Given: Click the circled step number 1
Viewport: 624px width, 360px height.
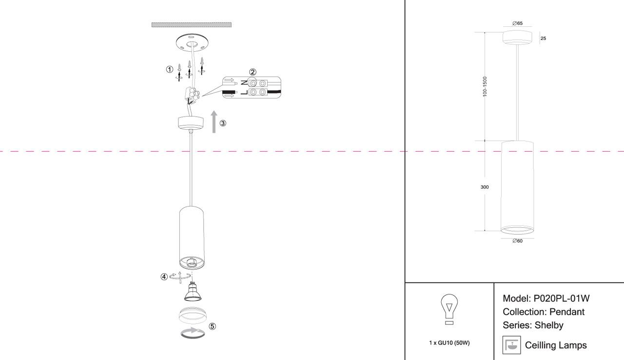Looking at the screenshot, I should tap(170, 69).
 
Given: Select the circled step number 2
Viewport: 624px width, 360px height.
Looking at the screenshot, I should tap(253, 72).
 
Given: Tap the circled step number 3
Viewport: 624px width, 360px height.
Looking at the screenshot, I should tap(223, 123).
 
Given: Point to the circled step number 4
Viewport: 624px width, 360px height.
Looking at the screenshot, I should tap(164, 277).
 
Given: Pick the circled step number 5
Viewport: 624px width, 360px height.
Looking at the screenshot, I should tap(212, 326).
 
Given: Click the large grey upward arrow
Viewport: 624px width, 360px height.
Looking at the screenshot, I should tap(214, 122).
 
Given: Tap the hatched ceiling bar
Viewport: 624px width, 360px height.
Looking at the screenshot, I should tap(192, 24).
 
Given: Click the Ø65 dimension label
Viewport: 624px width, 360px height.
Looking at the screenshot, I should tap(517, 23).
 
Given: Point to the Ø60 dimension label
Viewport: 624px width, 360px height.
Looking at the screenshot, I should tap(517, 240).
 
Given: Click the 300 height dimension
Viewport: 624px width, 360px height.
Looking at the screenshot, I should tap(485, 187).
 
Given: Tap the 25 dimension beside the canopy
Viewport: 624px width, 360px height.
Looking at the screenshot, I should tap(544, 38).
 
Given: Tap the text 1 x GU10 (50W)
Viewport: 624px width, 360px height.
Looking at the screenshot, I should tap(449, 343).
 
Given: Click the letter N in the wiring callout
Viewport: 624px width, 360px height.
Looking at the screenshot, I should tap(243, 82).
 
